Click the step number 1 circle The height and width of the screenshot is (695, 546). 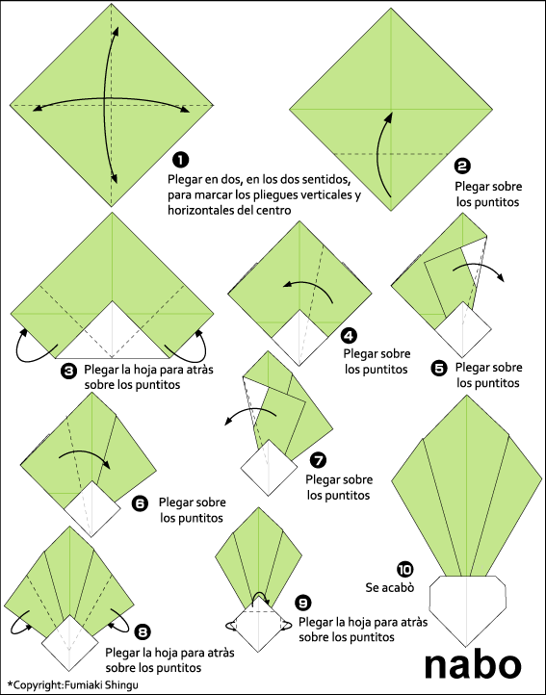click(x=179, y=160)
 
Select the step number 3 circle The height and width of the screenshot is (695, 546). click(x=68, y=370)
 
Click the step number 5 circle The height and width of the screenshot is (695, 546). click(x=439, y=367)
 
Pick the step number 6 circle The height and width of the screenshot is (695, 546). click(x=140, y=502)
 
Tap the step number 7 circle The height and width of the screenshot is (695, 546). click(x=319, y=460)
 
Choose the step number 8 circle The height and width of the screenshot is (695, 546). click(x=143, y=631)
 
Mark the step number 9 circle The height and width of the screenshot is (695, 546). click(x=303, y=603)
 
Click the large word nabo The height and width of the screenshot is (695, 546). click(x=474, y=662)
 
